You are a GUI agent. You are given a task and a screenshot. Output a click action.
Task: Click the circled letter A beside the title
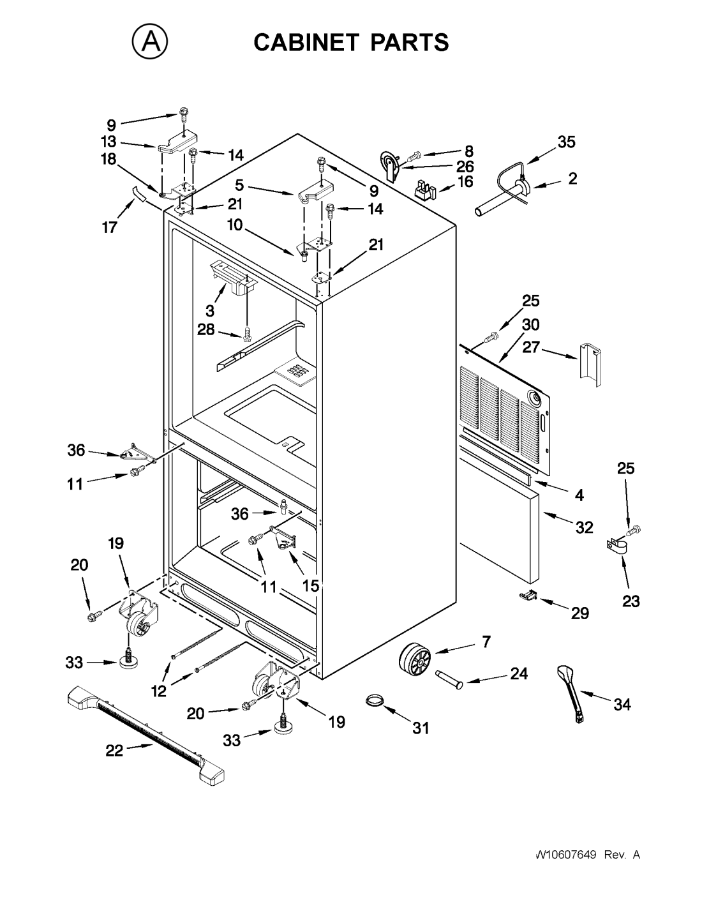click(x=150, y=42)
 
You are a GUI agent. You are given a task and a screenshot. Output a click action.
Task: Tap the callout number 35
click(x=566, y=142)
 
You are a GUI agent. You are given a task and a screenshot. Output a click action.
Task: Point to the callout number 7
click(x=486, y=642)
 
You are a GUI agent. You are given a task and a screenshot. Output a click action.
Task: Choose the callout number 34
click(x=622, y=705)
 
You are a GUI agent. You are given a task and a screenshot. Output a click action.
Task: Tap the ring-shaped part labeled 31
click(x=375, y=699)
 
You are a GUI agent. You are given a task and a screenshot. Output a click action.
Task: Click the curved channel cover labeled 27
click(x=590, y=364)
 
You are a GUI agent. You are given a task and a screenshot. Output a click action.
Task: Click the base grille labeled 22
click(x=145, y=734)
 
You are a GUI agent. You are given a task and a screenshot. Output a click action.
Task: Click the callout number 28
click(x=206, y=329)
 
